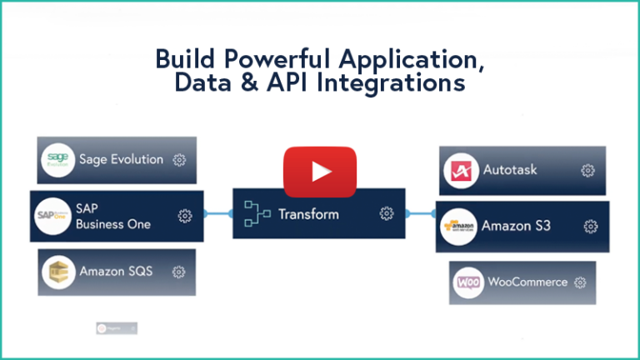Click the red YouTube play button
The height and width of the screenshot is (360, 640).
320,172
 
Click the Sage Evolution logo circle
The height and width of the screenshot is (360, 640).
57,159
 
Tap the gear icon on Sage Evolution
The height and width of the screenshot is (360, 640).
178,160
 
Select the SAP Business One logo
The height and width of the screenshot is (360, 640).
54,216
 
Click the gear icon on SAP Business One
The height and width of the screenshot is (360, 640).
185,216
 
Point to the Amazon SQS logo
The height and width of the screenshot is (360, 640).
58,272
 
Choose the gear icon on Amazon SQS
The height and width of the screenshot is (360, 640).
178,272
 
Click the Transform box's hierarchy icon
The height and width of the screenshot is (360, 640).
256,214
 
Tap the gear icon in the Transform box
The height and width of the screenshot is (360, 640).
387,214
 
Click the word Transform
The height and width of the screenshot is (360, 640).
308,214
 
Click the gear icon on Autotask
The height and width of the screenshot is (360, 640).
587,171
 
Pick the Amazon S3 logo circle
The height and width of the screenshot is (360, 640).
458,226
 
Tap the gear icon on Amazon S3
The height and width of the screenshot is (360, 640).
591,226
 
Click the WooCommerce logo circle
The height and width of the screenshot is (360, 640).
469,282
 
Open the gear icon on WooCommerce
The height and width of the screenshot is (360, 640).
580,282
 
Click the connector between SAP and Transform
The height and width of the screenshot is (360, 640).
217,214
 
